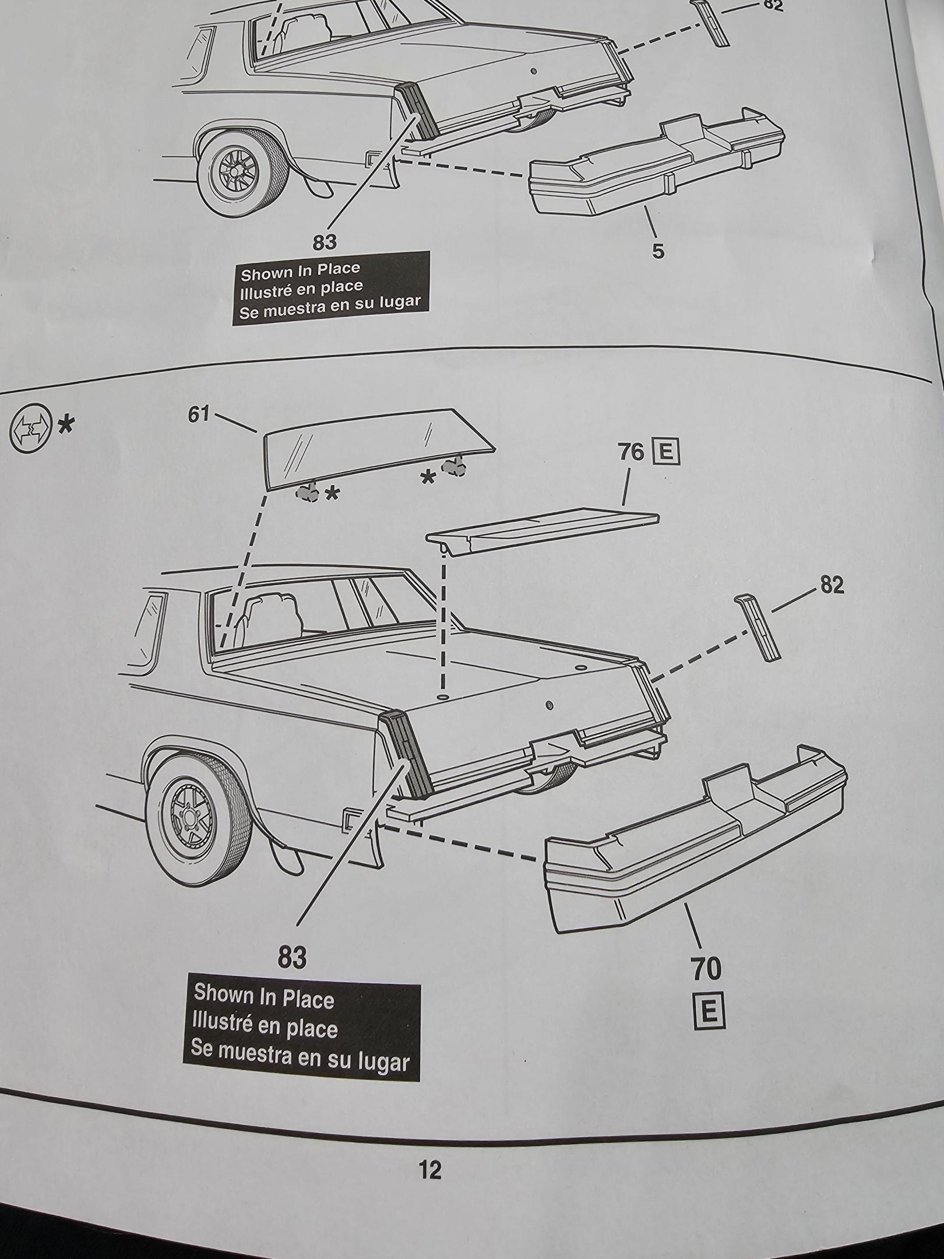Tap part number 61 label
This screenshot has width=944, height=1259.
[x=198, y=414]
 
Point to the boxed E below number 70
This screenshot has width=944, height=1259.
[x=710, y=1012]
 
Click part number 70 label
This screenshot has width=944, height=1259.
[x=706, y=969]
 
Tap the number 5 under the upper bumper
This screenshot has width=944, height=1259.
[x=657, y=251]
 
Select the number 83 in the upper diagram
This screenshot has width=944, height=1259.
[x=325, y=242]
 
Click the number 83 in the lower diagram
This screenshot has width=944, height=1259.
[x=292, y=958]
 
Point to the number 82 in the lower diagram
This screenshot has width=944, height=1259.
[x=832, y=585]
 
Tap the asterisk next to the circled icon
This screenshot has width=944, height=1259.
[x=66, y=425]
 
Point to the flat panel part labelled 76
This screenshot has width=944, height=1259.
[x=542, y=527]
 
